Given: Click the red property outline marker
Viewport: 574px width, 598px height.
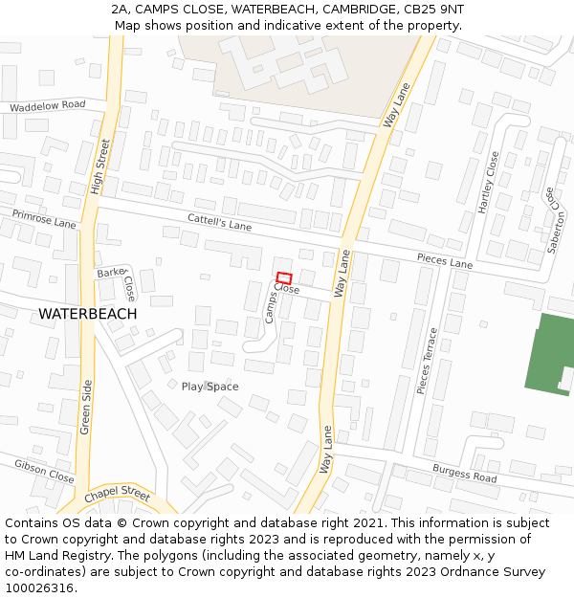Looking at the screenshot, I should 284,278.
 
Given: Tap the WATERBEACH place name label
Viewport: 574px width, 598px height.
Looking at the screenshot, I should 88,314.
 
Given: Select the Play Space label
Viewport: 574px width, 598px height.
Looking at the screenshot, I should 210,387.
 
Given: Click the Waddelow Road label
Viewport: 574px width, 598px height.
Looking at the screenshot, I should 47,106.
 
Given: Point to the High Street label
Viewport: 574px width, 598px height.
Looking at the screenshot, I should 100,167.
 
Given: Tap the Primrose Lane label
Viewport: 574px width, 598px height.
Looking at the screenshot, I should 44,219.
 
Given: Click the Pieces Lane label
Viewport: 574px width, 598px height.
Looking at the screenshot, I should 444,260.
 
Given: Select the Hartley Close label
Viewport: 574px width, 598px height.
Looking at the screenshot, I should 488,182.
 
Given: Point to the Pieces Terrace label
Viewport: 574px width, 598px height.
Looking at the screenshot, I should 427,361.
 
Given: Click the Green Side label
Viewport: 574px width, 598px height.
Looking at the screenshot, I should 86,407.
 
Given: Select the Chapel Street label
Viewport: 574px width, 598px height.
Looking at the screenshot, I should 117,497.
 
